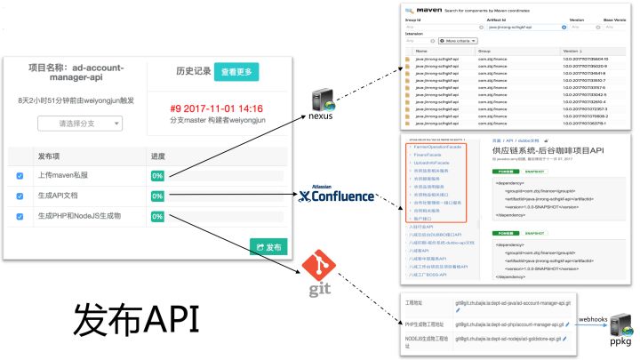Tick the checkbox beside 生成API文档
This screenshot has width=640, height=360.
(20, 196)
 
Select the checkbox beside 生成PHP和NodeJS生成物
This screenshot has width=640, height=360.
(20, 217)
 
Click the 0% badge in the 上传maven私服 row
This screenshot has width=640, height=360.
(157, 176)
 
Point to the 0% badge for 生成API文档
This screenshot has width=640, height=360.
(157, 196)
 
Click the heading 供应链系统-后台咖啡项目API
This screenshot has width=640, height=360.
(550, 150)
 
